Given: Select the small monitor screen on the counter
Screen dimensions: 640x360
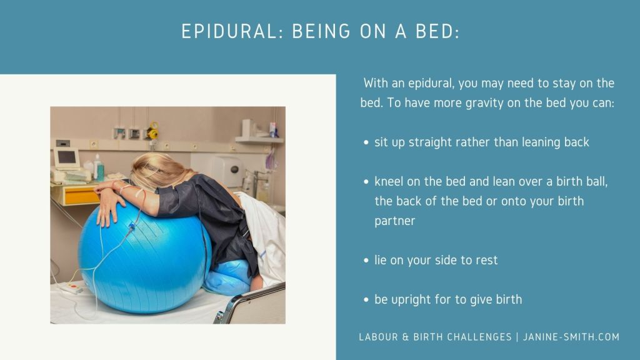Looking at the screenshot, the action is [66, 157].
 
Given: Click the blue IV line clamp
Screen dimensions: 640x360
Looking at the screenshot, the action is [132, 226].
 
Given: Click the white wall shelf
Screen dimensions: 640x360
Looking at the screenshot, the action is [259, 139].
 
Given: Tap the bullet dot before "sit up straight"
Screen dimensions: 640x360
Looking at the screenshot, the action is [366, 142].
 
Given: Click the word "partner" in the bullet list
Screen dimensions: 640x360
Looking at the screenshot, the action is [395, 221].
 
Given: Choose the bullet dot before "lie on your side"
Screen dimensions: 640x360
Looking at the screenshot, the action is [366, 261].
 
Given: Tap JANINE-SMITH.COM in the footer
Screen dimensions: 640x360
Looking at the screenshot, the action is [571, 337].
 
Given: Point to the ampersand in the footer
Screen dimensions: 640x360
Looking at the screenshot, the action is [405, 337].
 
